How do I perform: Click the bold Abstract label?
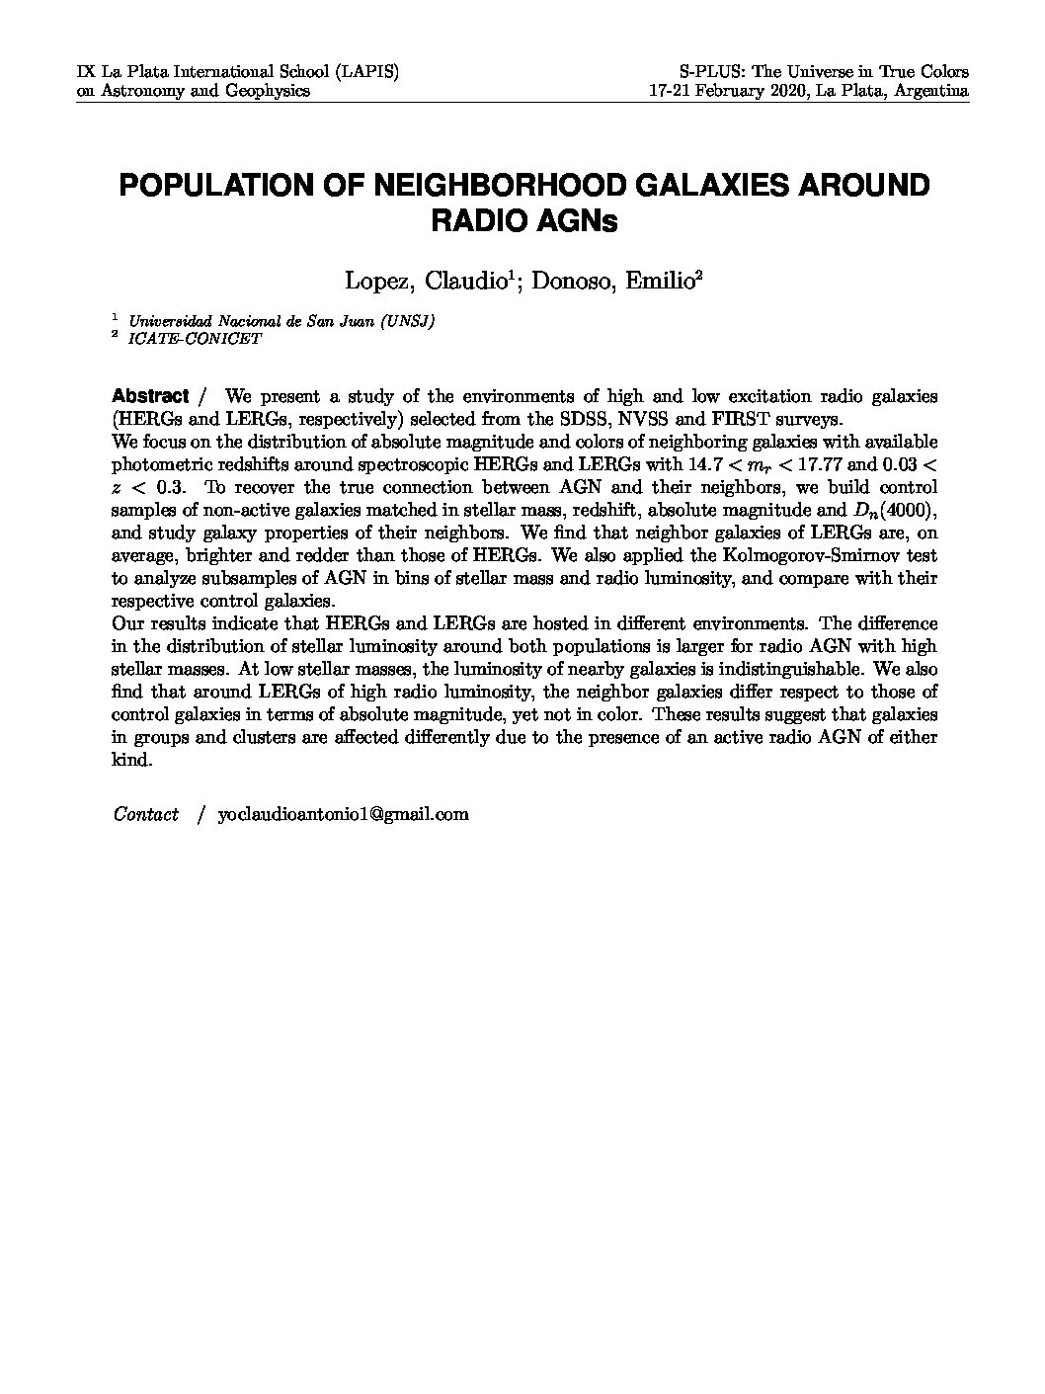[x=150, y=396]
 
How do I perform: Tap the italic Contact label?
[x=146, y=814]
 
